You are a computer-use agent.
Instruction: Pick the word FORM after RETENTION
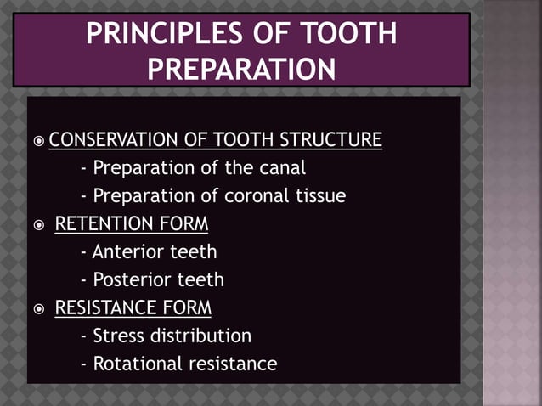(183, 224)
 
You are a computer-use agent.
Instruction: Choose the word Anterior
(130, 252)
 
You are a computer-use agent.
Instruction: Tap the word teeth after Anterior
(195, 252)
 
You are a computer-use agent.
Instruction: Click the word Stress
(119, 336)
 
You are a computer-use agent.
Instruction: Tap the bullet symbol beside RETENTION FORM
(39, 225)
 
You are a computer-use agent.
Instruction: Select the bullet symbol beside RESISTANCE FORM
(39, 308)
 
